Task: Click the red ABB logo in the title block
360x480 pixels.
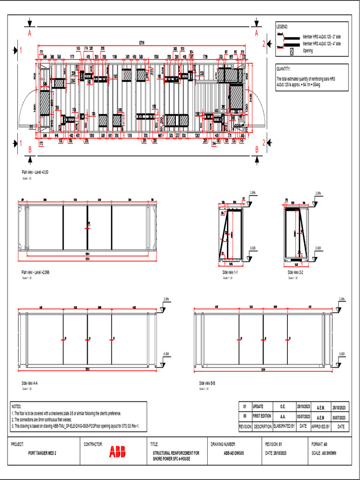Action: click(x=117, y=452)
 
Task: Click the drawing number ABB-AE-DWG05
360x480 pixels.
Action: click(x=234, y=453)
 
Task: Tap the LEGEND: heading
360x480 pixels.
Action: click(x=283, y=27)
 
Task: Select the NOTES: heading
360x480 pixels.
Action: click(x=16, y=407)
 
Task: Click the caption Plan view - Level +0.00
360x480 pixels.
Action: click(x=35, y=172)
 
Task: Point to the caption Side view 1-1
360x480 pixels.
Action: click(x=230, y=272)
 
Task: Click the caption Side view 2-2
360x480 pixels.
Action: click(x=296, y=272)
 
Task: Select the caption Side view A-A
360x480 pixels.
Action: click(x=30, y=383)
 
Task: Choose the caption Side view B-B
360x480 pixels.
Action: click(x=207, y=383)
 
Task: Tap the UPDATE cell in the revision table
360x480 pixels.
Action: click(x=258, y=406)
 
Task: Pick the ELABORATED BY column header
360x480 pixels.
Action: click(x=284, y=427)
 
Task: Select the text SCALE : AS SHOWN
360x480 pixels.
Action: click(x=324, y=453)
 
